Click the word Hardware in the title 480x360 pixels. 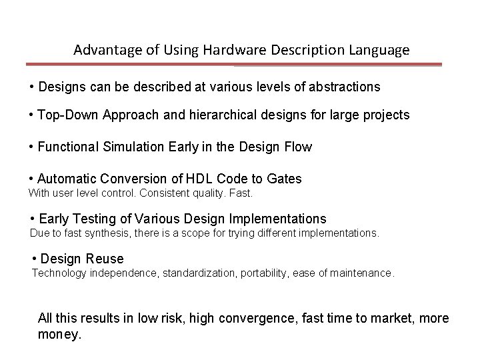pyautogui.click(x=214, y=50)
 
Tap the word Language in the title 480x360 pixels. pyautogui.click(x=380, y=50)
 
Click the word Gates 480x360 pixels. pyautogui.click(x=283, y=179)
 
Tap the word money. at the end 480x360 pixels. pyautogui.click(x=60, y=334)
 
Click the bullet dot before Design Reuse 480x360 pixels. pyautogui.click(x=35, y=259)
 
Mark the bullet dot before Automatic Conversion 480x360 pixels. pyautogui.click(x=32, y=179)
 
